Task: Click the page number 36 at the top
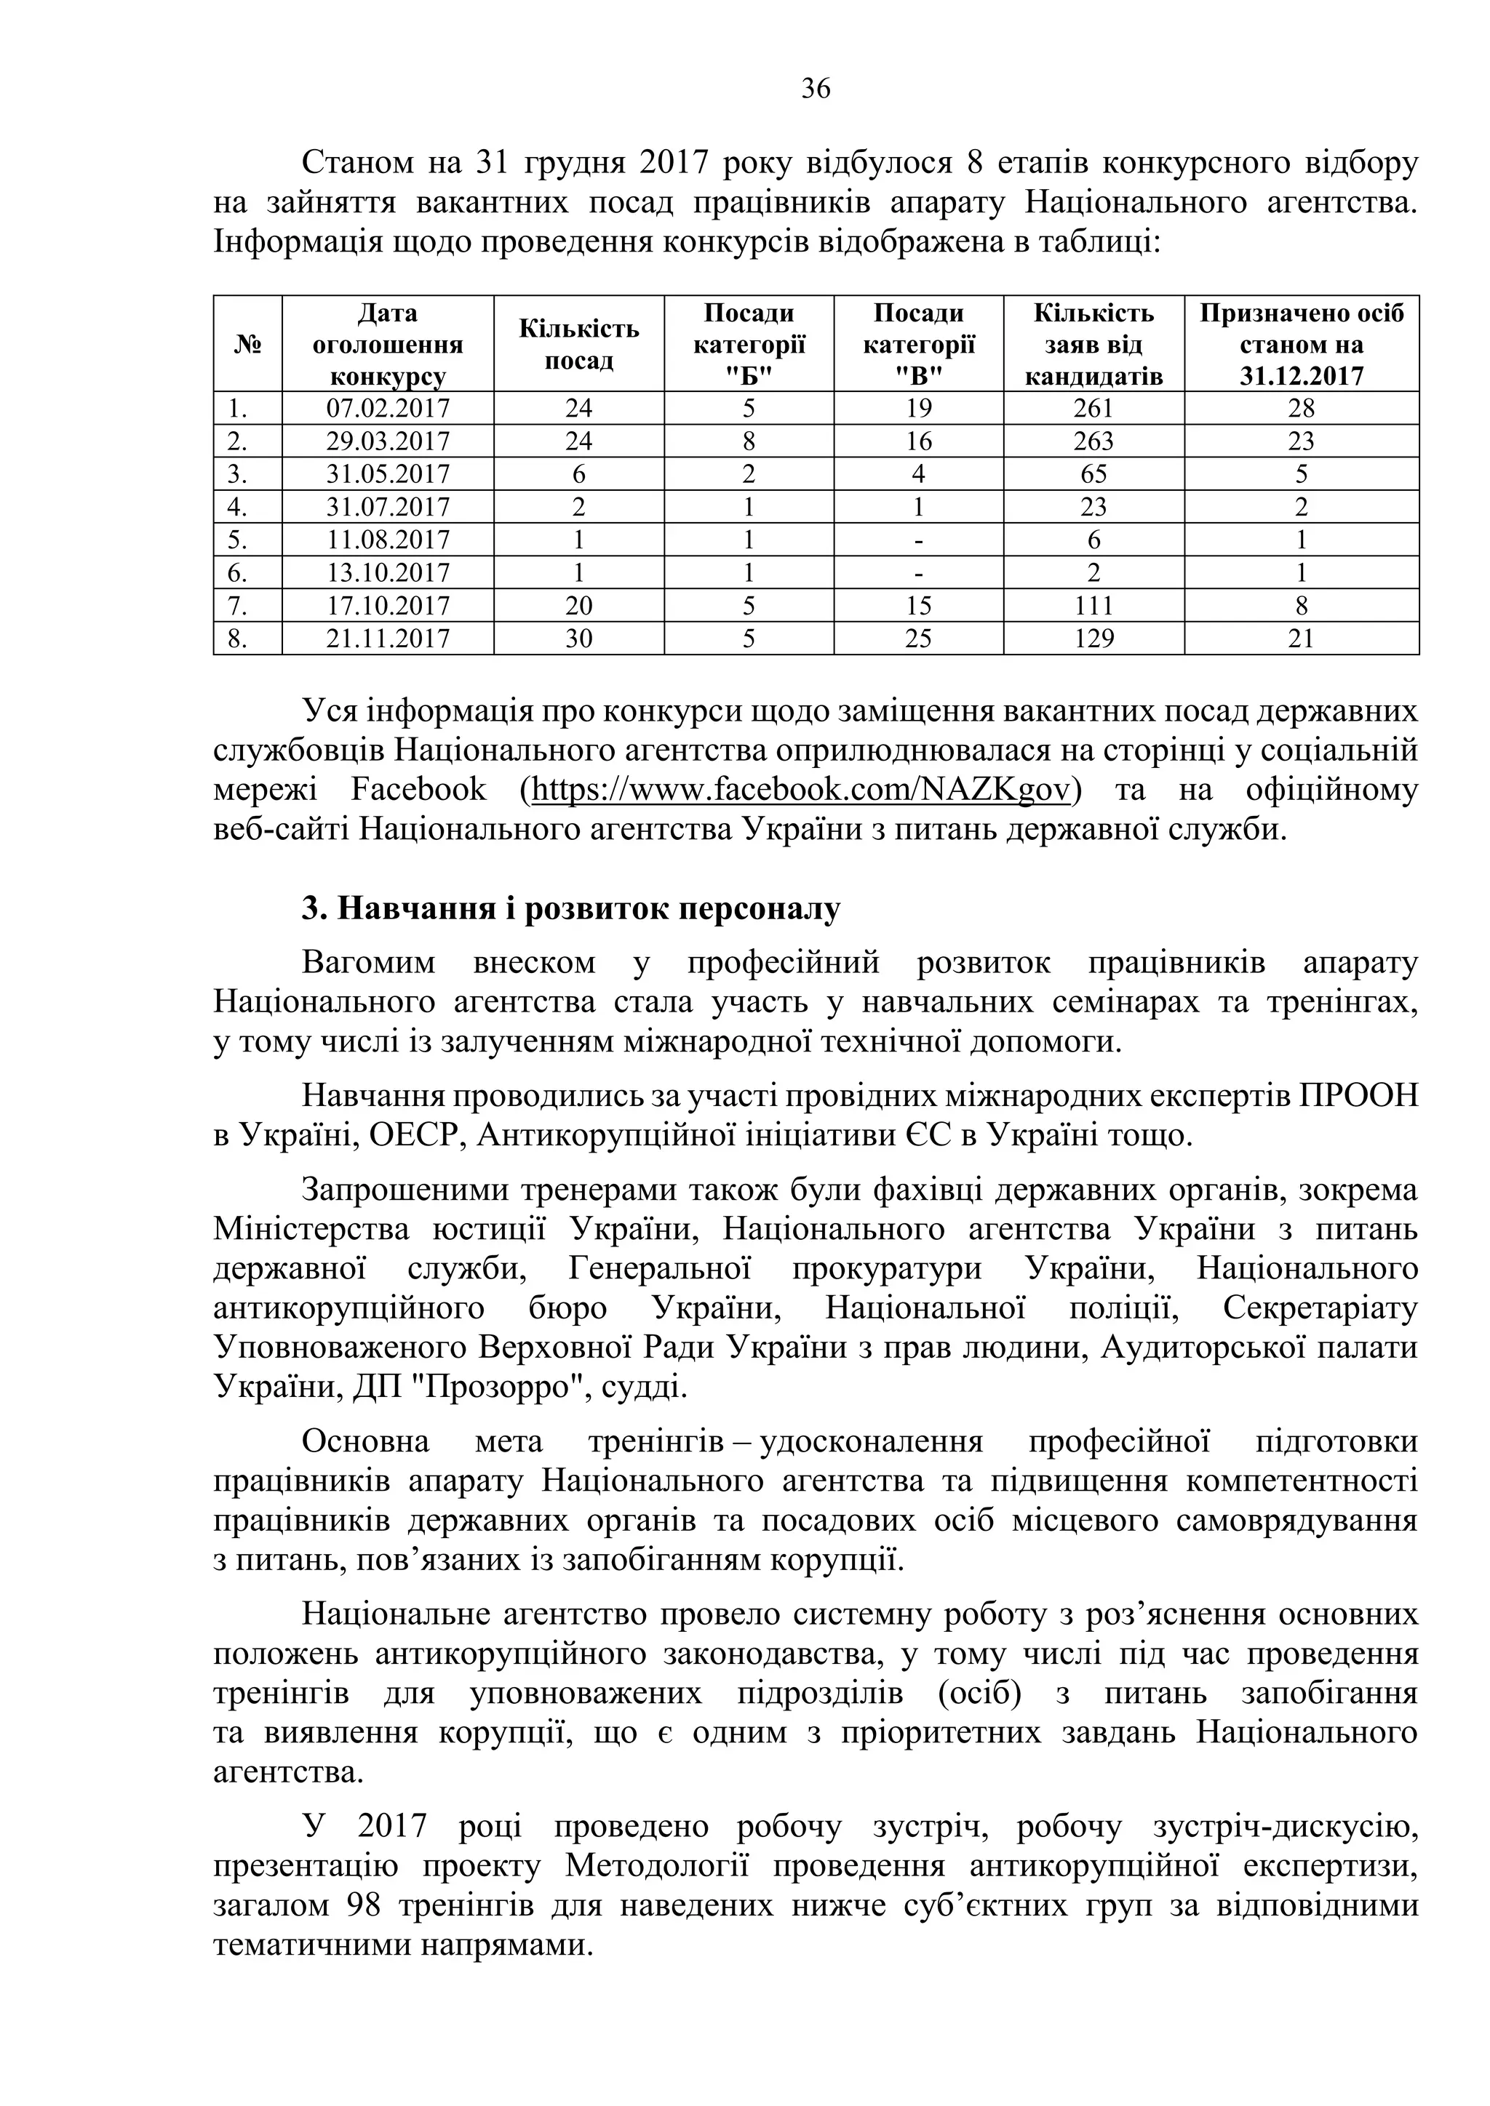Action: [816, 89]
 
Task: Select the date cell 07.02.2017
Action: [388, 408]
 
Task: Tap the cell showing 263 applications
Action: [1093, 441]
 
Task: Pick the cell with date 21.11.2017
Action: [388, 638]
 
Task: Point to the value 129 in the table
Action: [1093, 638]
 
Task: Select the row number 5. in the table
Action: [238, 540]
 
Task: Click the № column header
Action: [247, 345]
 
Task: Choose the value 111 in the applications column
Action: [1093, 605]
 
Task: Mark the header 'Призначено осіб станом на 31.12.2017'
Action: [1301, 345]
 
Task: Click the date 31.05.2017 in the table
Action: [388, 474]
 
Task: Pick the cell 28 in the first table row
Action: [1301, 408]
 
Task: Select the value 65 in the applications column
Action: [1093, 474]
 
